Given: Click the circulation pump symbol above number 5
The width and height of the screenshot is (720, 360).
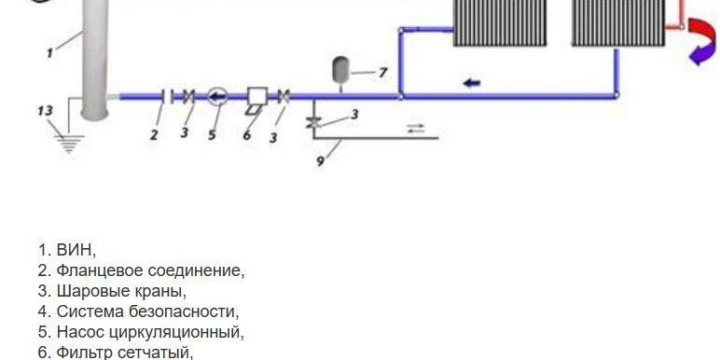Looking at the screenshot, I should (216, 95).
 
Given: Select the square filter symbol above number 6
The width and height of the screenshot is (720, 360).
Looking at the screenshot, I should (256, 96).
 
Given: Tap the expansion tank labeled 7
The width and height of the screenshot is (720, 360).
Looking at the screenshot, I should (340, 69).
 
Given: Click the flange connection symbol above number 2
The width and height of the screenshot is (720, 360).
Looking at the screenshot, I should (165, 95).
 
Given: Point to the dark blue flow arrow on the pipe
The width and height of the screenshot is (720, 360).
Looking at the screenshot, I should (472, 83).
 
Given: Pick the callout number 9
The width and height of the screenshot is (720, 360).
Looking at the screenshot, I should (320, 160).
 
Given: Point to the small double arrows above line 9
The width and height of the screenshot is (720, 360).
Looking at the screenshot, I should (416, 128).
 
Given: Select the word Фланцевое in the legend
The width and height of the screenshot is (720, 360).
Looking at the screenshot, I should (96, 270).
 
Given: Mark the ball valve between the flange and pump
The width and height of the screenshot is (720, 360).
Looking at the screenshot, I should (188, 95).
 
